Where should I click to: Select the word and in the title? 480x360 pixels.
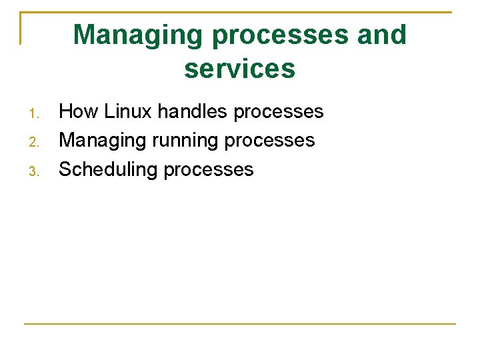[x=381, y=35]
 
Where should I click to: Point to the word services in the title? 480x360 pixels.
[x=240, y=68]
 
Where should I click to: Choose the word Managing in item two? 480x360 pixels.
[x=103, y=140]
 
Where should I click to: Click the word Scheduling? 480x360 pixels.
[x=108, y=169]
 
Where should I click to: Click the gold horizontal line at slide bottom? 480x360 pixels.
[x=240, y=324]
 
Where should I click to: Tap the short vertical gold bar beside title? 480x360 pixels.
[x=21, y=28]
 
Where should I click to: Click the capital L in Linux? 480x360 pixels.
[x=108, y=111]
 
